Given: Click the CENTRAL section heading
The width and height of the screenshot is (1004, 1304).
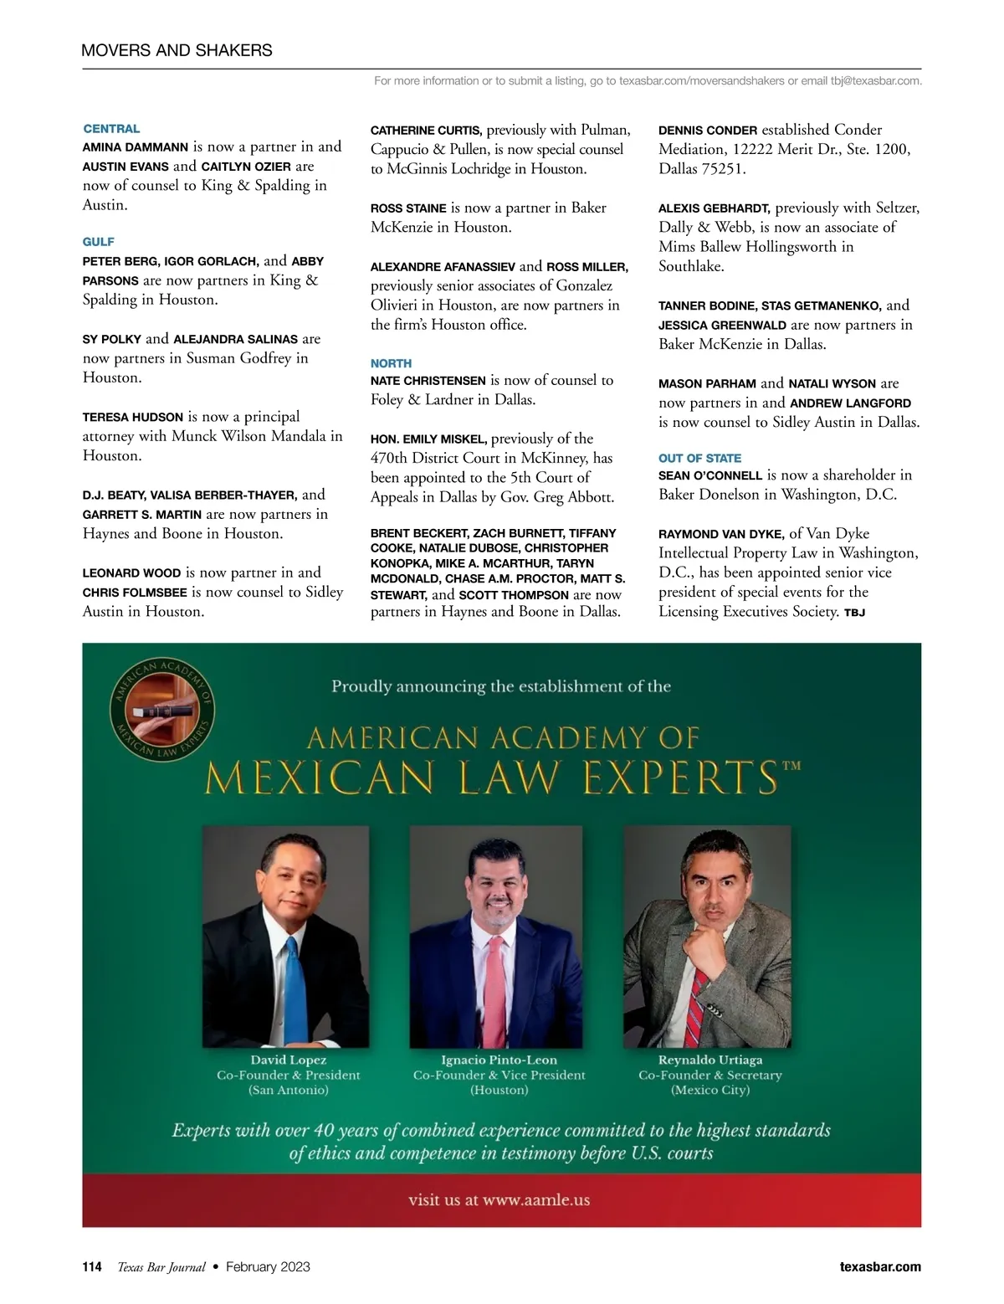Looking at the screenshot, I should (x=111, y=129).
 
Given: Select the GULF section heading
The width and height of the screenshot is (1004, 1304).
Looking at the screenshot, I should (x=98, y=242).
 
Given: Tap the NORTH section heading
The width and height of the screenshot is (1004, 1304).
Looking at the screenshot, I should (x=391, y=363).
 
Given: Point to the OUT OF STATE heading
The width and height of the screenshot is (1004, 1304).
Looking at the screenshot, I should (x=699, y=459).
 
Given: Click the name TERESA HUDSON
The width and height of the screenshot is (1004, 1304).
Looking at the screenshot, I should (x=132, y=418).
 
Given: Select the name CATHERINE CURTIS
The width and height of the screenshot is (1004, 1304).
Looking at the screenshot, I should (x=426, y=131).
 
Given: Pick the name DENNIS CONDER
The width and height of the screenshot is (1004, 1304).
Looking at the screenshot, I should (x=708, y=131).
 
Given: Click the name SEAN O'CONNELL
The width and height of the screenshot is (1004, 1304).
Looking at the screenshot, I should (x=710, y=475).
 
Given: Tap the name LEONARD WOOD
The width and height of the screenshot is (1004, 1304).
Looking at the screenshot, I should (x=131, y=573).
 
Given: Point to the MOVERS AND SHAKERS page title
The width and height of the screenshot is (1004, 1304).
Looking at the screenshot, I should (x=177, y=50).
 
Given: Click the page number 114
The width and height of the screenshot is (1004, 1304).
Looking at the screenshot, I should (x=92, y=1267).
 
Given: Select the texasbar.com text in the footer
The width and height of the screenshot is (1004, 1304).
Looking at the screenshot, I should (x=880, y=1267).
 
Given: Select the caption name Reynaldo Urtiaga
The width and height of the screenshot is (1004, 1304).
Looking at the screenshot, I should (x=709, y=1060).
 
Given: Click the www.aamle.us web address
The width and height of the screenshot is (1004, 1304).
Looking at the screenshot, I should (x=536, y=1200).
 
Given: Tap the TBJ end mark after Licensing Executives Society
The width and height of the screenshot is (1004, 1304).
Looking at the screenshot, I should (x=854, y=613).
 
